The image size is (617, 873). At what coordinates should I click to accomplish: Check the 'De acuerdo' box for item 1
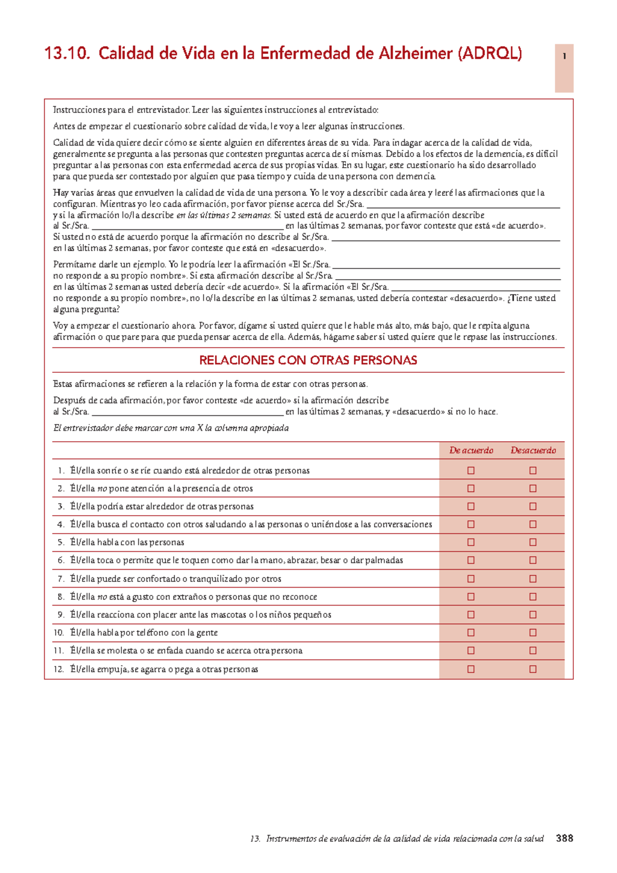(470, 470)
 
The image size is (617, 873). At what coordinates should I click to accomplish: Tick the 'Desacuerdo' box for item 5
(533, 542)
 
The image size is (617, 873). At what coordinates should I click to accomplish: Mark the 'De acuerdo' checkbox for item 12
(470, 669)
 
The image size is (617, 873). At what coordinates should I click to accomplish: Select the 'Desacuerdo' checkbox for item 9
(533, 615)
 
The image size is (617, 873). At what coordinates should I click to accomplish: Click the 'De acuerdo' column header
(471, 450)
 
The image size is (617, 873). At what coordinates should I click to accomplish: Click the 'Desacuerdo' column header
(533, 450)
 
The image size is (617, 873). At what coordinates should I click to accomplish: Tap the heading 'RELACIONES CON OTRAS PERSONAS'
(308, 360)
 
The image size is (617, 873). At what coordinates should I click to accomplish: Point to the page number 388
(564, 838)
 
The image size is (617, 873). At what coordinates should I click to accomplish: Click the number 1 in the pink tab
(564, 57)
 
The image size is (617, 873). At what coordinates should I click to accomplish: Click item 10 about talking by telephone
(144, 633)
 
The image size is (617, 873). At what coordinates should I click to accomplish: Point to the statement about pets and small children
(201, 615)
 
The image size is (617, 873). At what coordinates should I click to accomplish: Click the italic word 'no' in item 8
(102, 597)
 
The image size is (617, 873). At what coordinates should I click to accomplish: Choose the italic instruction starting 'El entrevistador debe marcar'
(171, 428)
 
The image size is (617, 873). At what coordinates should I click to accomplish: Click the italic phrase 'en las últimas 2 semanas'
(224, 215)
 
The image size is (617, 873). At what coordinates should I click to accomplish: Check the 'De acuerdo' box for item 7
(470, 579)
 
